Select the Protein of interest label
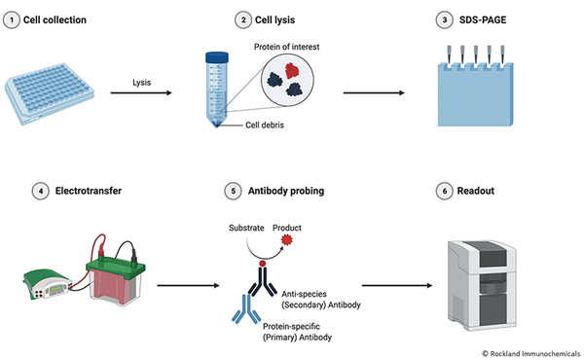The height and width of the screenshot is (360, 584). [286, 46]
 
